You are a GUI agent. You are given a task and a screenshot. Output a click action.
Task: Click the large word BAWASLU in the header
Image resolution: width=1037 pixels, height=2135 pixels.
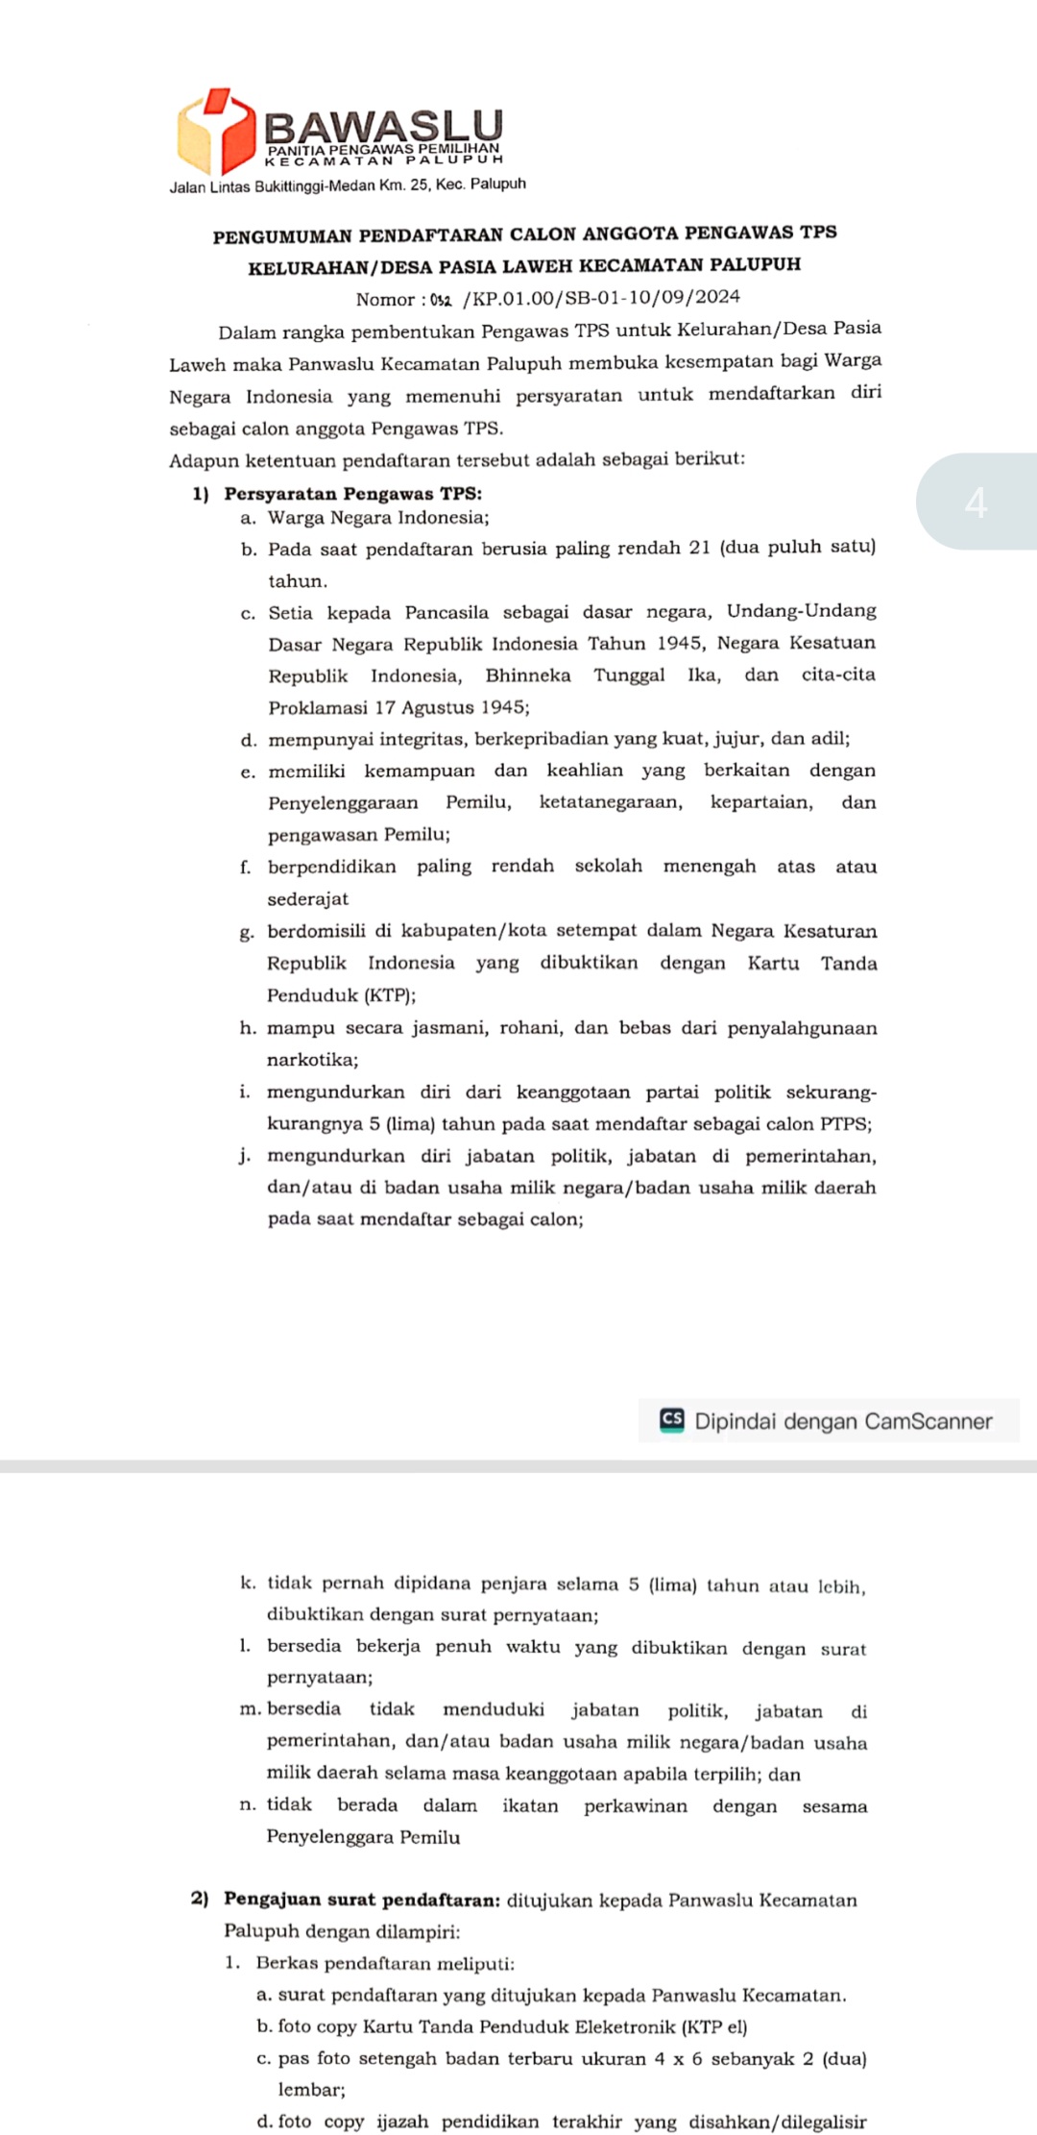tap(383, 126)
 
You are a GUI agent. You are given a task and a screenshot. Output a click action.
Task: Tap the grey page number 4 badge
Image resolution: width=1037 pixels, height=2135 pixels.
tap(976, 502)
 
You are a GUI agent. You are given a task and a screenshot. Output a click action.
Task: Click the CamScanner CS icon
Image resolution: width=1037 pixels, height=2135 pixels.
tap(672, 1420)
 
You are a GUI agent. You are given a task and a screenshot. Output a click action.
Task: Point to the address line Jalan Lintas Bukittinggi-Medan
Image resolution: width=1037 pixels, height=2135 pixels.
tap(348, 184)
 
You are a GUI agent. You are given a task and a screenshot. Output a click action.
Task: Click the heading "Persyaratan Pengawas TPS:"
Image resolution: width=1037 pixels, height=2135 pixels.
tap(352, 494)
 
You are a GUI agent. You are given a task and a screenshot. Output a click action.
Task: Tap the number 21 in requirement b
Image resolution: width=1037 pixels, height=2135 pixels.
tap(700, 548)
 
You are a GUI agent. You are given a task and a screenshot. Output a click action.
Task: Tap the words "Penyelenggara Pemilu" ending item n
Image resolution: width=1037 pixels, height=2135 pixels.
tap(363, 1836)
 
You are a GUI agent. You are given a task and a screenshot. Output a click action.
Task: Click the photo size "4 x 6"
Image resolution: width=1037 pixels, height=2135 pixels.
tap(679, 2058)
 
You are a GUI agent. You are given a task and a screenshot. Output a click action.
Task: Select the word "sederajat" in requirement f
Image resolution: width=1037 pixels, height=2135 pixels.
tap(307, 898)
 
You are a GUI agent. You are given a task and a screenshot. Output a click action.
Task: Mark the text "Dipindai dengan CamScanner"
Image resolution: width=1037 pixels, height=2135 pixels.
tap(843, 1421)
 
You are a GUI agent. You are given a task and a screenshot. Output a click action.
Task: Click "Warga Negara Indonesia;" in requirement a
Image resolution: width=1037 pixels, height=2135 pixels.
tap(378, 518)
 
